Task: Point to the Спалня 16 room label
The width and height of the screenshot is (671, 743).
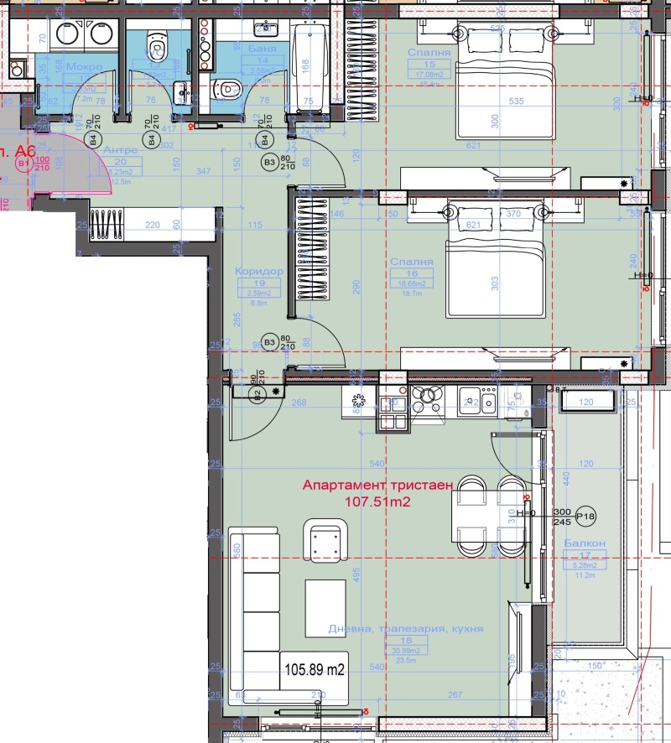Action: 412,262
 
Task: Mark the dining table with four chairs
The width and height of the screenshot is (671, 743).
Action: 488,516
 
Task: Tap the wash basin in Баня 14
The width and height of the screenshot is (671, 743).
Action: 265,29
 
